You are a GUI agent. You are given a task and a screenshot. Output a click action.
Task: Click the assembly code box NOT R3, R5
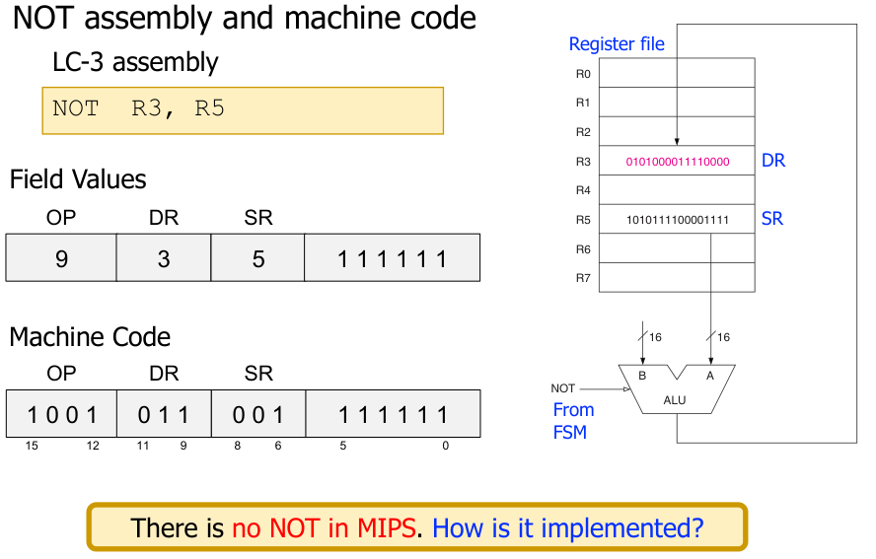click(x=242, y=110)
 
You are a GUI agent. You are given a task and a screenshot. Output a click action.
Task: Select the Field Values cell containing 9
click(x=61, y=258)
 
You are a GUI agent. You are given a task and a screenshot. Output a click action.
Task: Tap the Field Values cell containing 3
click(x=164, y=258)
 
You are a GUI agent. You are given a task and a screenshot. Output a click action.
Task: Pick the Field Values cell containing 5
click(x=258, y=258)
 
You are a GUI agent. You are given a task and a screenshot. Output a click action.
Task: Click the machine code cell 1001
click(x=61, y=414)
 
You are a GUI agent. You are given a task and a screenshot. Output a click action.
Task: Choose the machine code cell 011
click(x=164, y=414)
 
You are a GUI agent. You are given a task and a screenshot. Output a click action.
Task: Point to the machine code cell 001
click(x=258, y=414)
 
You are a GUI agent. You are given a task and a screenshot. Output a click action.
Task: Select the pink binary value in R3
click(x=678, y=161)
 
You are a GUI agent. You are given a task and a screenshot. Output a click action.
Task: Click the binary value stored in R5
click(x=678, y=219)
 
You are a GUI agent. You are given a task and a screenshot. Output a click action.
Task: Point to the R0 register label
click(x=583, y=74)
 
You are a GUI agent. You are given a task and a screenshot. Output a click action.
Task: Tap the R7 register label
click(x=583, y=278)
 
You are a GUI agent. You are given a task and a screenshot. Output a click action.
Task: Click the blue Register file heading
click(x=617, y=44)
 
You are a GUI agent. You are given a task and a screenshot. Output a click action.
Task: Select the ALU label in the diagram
click(x=676, y=401)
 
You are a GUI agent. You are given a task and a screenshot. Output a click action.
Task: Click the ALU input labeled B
click(x=642, y=376)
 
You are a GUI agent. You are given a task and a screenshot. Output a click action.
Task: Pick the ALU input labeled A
click(x=709, y=376)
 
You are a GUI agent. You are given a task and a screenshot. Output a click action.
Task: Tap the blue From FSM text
click(x=573, y=420)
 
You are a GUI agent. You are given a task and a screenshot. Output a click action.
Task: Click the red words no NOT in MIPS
click(x=324, y=527)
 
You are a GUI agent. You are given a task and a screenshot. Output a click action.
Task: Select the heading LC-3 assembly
click(x=135, y=62)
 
